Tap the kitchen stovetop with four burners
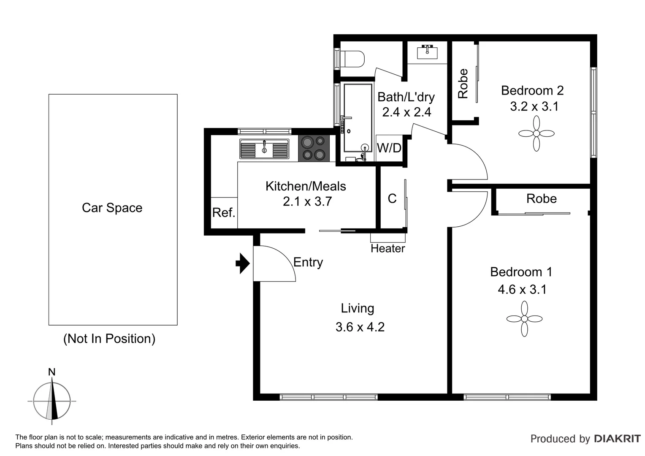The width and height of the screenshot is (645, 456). point(313,148)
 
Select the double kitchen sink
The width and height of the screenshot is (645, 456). point(264,149)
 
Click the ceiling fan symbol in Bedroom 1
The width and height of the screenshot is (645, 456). point(524,319)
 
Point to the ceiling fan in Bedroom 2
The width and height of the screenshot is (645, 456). point(536,133)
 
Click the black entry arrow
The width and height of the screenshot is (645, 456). point(243,263)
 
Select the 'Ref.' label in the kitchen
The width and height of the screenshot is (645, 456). point(224,212)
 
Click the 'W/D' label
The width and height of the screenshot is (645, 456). point(389,148)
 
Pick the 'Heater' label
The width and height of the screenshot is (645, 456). point(388,248)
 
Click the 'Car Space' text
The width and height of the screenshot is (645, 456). point(112,208)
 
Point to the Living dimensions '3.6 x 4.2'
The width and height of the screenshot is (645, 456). point(360,327)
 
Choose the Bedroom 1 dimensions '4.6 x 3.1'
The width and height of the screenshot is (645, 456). point(522,289)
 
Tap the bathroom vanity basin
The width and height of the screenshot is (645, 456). point(427,52)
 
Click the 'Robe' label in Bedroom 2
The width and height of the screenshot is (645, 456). point(463,84)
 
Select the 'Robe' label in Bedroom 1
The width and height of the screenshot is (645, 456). point(541,198)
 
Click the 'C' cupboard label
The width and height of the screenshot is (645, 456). point(392,198)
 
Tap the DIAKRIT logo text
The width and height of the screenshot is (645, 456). point(617,439)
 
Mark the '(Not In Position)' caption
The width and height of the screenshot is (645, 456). point(109,339)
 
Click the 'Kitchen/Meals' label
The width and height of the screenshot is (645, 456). point(306,186)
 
